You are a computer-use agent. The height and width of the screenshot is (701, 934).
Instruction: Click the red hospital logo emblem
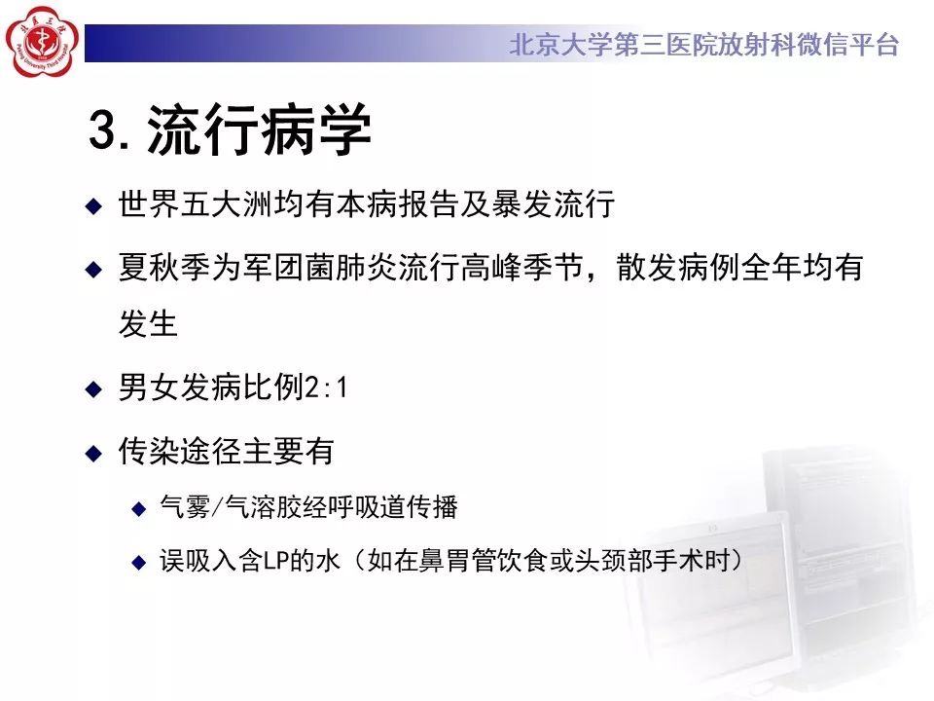pyautogui.click(x=42, y=42)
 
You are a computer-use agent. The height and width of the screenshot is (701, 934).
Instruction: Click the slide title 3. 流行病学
pyautogui.click(x=231, y=129)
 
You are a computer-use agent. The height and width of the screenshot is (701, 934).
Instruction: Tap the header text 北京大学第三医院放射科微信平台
pyautogui.click(x=704, y=45)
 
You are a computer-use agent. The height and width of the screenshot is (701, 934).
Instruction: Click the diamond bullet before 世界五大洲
pyautogui.click(x=93, y=206)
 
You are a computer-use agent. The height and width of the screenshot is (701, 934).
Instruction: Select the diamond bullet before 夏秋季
pyautogui.click(x=93, y=270)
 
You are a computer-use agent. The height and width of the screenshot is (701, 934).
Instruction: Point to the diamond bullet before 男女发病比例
pyautogui.click(x=93, y=389)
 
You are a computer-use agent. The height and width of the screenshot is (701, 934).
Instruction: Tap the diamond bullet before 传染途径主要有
pyautogui.click(x=93, y=453)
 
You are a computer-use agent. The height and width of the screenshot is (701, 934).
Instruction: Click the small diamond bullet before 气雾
pyautogui.click(x=139, y=509)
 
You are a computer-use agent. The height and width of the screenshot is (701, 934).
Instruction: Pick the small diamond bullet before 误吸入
pyautogui.click(x=139, y=562)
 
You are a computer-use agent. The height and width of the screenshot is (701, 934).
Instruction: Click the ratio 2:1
pyautogui.click(x=326, y=387)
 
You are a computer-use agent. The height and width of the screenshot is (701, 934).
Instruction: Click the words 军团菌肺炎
pyautogui.click(x=320, y=267)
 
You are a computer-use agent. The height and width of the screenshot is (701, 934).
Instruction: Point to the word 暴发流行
pyautogui.click(x=554, y=203)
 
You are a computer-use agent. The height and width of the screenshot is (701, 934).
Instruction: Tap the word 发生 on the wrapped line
pyautogui.click(x=148, y=323)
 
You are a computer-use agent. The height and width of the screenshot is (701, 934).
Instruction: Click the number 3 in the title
pyautogui.click(x=102, y=129)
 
